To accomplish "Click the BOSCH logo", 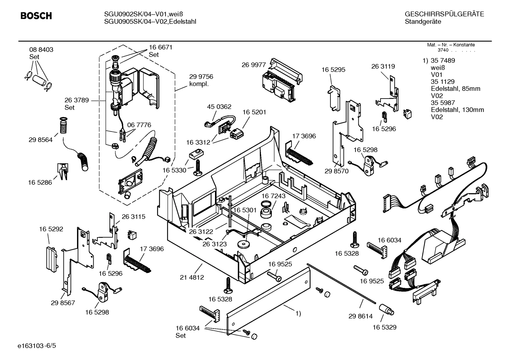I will [36, 16].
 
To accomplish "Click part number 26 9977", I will [253, 65].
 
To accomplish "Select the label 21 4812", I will [192, 277].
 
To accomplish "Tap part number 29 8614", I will [360, 316].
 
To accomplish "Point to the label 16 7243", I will [273, 196].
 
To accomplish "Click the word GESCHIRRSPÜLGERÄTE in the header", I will [444, 14].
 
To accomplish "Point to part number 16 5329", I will [384, 327].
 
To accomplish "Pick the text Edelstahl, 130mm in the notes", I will [457, 110].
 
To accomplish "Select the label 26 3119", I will [383, 66].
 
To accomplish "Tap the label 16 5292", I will [51, 229].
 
